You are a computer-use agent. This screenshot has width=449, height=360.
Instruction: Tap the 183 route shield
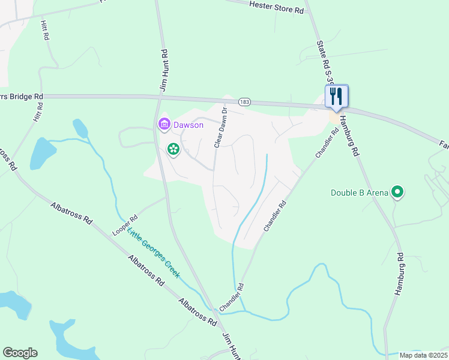coord(243,102)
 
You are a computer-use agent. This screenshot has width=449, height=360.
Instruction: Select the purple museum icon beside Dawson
coord(163,125)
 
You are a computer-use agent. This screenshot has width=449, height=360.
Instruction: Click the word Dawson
coord(188,125)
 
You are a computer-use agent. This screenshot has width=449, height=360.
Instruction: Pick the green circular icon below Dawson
coord(173,149)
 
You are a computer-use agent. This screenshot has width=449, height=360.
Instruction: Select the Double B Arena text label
coord(359,193)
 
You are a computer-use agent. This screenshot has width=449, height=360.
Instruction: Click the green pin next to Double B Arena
coord(397,192)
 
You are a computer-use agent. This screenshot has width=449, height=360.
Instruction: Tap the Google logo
coord(20,353)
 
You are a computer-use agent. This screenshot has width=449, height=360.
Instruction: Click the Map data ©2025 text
coord(424,355)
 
